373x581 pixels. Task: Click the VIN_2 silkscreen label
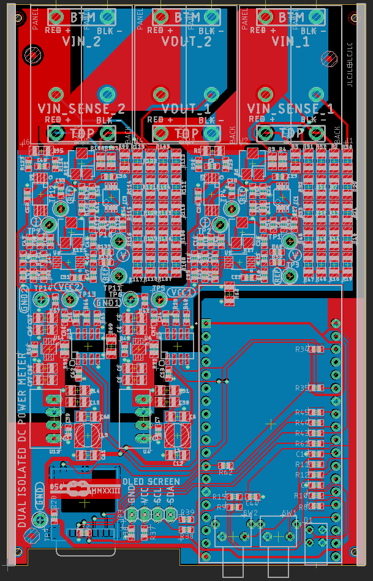coord(81,42)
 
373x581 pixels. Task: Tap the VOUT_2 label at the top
coord(186,42)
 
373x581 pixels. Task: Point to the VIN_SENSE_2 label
coord(81,108)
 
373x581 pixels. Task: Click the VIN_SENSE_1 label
coord(291,108)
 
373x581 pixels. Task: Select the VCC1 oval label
coord(181,292)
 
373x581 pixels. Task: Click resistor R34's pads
coord(317,349)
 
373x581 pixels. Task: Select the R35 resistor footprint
coord(317,388)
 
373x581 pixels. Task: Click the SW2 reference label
coord(251,513)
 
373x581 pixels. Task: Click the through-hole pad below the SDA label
coord(170,517)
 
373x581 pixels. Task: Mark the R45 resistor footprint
coord(317,413)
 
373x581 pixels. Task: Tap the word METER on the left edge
coord(22,370)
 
